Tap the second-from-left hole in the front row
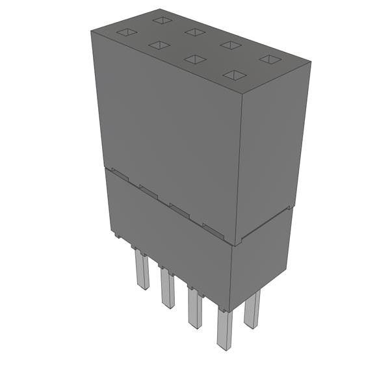point(159,45)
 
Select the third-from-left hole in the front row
point(195,59)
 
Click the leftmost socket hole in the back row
point(162,20)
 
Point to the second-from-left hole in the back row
point(194,32)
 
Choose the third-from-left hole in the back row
point(231,45)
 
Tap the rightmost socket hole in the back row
point(268,59)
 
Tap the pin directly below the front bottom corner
point(224,328)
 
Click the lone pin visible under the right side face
point(252,309)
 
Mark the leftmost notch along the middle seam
point(119,173)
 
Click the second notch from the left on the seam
point(148,191)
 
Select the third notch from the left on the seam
point(179,209)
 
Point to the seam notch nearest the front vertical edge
point(212,228)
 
